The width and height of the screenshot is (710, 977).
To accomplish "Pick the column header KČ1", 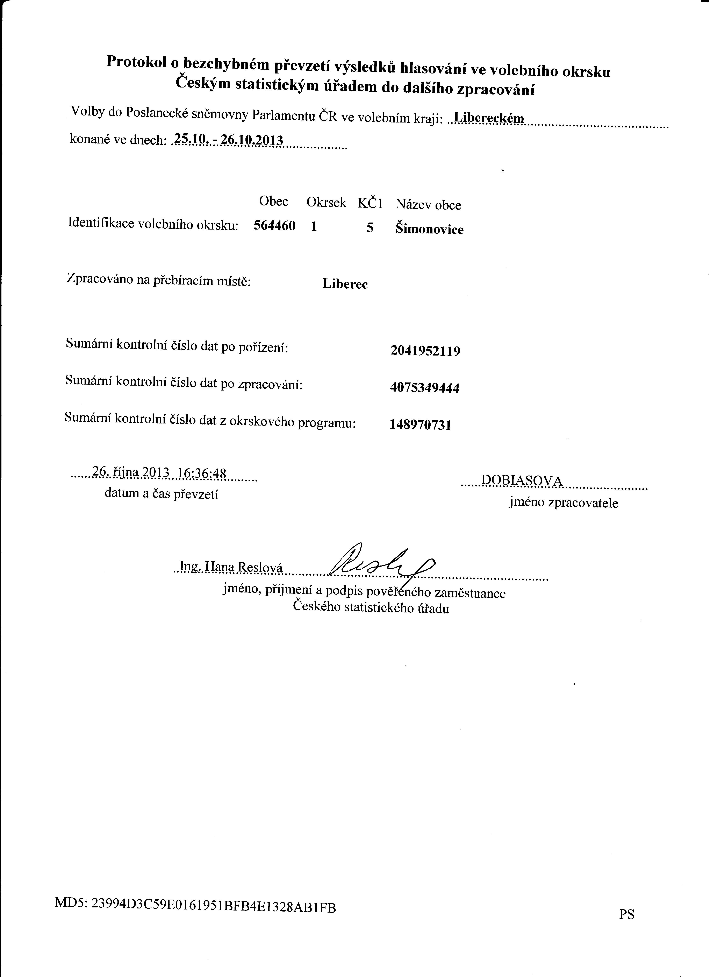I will pyautogui.click(x=370, y=203).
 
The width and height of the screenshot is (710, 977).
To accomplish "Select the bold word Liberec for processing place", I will pyautogui.click(x=345, y=284).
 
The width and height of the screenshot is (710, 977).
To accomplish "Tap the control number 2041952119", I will pyautogui.click(x=425, y=351).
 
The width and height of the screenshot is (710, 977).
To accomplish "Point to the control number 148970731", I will pyautogui.click(x=420, y=425).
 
